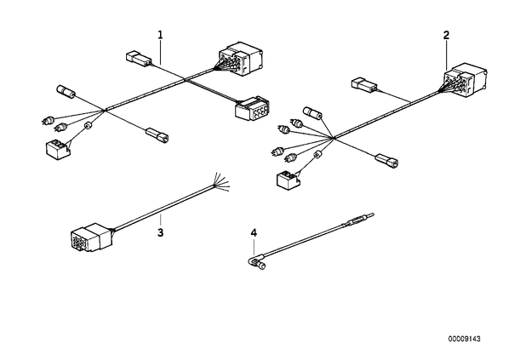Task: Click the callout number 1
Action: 160,35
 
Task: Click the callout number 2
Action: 446,35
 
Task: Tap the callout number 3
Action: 160,232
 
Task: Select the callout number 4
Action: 254,232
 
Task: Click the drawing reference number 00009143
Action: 464,339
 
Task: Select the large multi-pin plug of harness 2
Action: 465,80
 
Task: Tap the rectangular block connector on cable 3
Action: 91,237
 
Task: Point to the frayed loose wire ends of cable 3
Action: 221,182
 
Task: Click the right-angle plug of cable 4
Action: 258,261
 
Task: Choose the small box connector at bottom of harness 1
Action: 59,149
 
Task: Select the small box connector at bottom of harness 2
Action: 289,180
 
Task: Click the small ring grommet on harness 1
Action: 88,126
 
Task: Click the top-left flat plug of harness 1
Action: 139,58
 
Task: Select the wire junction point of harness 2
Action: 333,138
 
